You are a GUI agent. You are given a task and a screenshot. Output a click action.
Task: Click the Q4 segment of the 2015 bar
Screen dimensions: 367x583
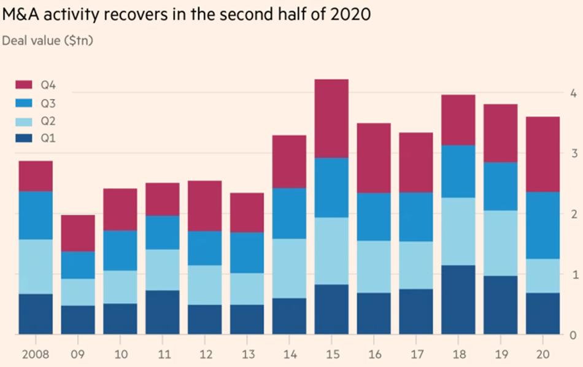(x=331, y=119)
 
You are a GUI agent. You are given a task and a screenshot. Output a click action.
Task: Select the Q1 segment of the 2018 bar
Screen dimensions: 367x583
(x=458, y=300)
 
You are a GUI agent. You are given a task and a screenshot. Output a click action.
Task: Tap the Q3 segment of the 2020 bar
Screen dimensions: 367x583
(x=543, y=226)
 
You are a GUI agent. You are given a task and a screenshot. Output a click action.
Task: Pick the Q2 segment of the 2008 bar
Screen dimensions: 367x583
(x=36, y=267)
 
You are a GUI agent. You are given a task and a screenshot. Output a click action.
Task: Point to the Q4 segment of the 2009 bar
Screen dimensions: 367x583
(x=78, y=233)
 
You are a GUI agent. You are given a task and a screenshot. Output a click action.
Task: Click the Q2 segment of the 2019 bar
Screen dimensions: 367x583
(x=501, y=243)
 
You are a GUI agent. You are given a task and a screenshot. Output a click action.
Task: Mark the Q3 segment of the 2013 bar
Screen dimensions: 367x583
(x=247, y=253)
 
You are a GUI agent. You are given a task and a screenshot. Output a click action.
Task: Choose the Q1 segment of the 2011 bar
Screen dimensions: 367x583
(x=163, y=312)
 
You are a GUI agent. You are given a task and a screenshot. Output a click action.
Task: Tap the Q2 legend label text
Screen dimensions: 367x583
(x=48, y=120)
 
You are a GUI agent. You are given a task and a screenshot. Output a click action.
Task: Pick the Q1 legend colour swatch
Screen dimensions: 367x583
(x=24, y=138)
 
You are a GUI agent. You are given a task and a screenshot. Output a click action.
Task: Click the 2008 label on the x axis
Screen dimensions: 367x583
(x=35, y=354)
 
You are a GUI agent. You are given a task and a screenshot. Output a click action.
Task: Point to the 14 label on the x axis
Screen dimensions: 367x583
(x=289, y=354)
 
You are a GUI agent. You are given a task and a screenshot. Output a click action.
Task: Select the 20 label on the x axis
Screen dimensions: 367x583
(x=543, y=354)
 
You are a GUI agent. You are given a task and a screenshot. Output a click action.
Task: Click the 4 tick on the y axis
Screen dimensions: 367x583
(x=572, y=94)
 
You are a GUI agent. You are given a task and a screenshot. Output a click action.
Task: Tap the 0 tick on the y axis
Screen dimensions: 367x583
(x=572, y=336)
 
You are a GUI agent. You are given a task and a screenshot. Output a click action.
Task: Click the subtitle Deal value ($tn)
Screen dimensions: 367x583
(x=48, y=41)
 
